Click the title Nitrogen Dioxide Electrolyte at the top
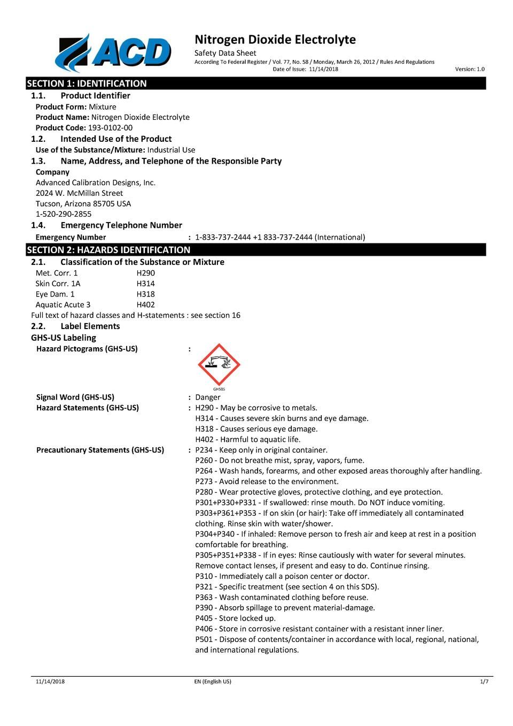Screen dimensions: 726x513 [x=275, y=40]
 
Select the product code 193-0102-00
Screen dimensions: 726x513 [x=110, y=128]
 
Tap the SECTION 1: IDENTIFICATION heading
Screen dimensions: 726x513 [x=87, y=83]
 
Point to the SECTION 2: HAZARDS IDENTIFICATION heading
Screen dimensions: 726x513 [x=108, y=250]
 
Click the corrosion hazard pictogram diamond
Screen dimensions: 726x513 [x=219, y=365]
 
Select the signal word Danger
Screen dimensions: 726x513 [x=208, y=397]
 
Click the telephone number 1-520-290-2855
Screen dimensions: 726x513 [x=64, y=214]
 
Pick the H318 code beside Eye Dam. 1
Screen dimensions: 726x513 [x=145, y=294]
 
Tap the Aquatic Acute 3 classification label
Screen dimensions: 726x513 [x=63, y=305]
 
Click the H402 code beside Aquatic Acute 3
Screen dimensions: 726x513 [x=145, y=305]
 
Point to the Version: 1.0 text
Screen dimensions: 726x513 [x=470, y=69]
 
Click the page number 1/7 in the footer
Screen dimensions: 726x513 [x=484, y=682]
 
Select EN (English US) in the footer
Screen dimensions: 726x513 [x=213, y=682]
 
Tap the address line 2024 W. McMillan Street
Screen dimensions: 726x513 [x=79, y=193]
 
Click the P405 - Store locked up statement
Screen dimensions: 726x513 [x=235, y=618]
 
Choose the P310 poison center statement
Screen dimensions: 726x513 [x=282, y=576]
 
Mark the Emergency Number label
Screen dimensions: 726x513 [x=71, y=237]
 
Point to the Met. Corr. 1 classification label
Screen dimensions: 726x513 [x=56, y=273]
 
